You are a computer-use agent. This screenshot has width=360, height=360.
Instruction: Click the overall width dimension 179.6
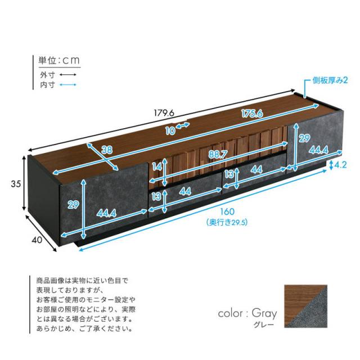coord(164,112)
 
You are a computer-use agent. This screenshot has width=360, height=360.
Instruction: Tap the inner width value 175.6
coord(252,114)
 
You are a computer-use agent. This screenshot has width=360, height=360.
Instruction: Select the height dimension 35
coord(16,184)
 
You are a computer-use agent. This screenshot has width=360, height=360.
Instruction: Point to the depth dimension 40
coord(37,240)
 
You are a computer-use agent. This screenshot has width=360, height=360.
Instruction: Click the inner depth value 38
coord(107,150)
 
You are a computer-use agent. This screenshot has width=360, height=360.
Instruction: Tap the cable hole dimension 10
coord(170,131)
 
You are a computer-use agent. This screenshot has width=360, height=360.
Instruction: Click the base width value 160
coord(227,211)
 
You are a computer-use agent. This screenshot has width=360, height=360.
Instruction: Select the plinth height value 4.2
coord(341,165)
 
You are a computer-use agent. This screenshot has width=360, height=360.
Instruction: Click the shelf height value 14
coord(157,167)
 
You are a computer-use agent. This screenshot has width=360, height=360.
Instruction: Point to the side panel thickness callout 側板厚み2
coord(330,80)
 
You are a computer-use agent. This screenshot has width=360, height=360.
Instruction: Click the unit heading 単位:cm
coord(59,60)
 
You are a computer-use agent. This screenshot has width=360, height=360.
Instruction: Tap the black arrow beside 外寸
coord(68,75)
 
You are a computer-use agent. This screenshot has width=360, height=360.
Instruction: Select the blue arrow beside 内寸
coord(68,85)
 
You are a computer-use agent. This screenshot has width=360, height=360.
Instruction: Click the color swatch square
coord(305,306)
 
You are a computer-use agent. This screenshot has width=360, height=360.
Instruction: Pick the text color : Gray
coord(247,314)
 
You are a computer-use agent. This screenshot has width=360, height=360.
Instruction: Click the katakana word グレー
coord(264,325)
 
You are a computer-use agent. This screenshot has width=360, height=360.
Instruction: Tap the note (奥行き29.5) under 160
coord(227,222)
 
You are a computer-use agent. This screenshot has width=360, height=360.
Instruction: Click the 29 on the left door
coord(73,204)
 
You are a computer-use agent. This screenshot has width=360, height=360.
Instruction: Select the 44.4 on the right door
coord(318,150)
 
